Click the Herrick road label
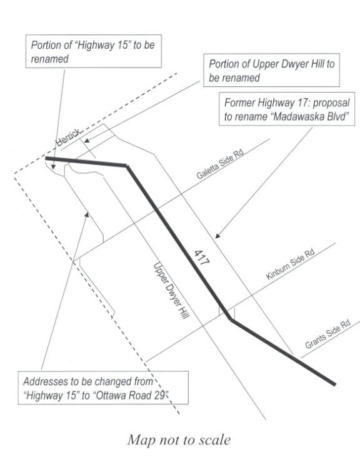[x=69, y=138]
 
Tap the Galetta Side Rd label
[x=220, y=164]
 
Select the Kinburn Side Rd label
[x=290, y=264]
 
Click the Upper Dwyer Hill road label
[x=171, y=291]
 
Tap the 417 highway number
[x=201, y=258]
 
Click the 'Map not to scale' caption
[x=179, y=440]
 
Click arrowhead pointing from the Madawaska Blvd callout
[x=217, y=236]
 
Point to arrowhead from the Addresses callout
[x=87, y=214]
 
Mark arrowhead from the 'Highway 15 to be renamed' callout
[x=54, y=166]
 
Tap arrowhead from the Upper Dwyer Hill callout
[x=87, y=140]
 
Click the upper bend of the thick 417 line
[x=126, y=166]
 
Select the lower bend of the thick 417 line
[x=231, y=319]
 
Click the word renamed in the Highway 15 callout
[x=50, y=59]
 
